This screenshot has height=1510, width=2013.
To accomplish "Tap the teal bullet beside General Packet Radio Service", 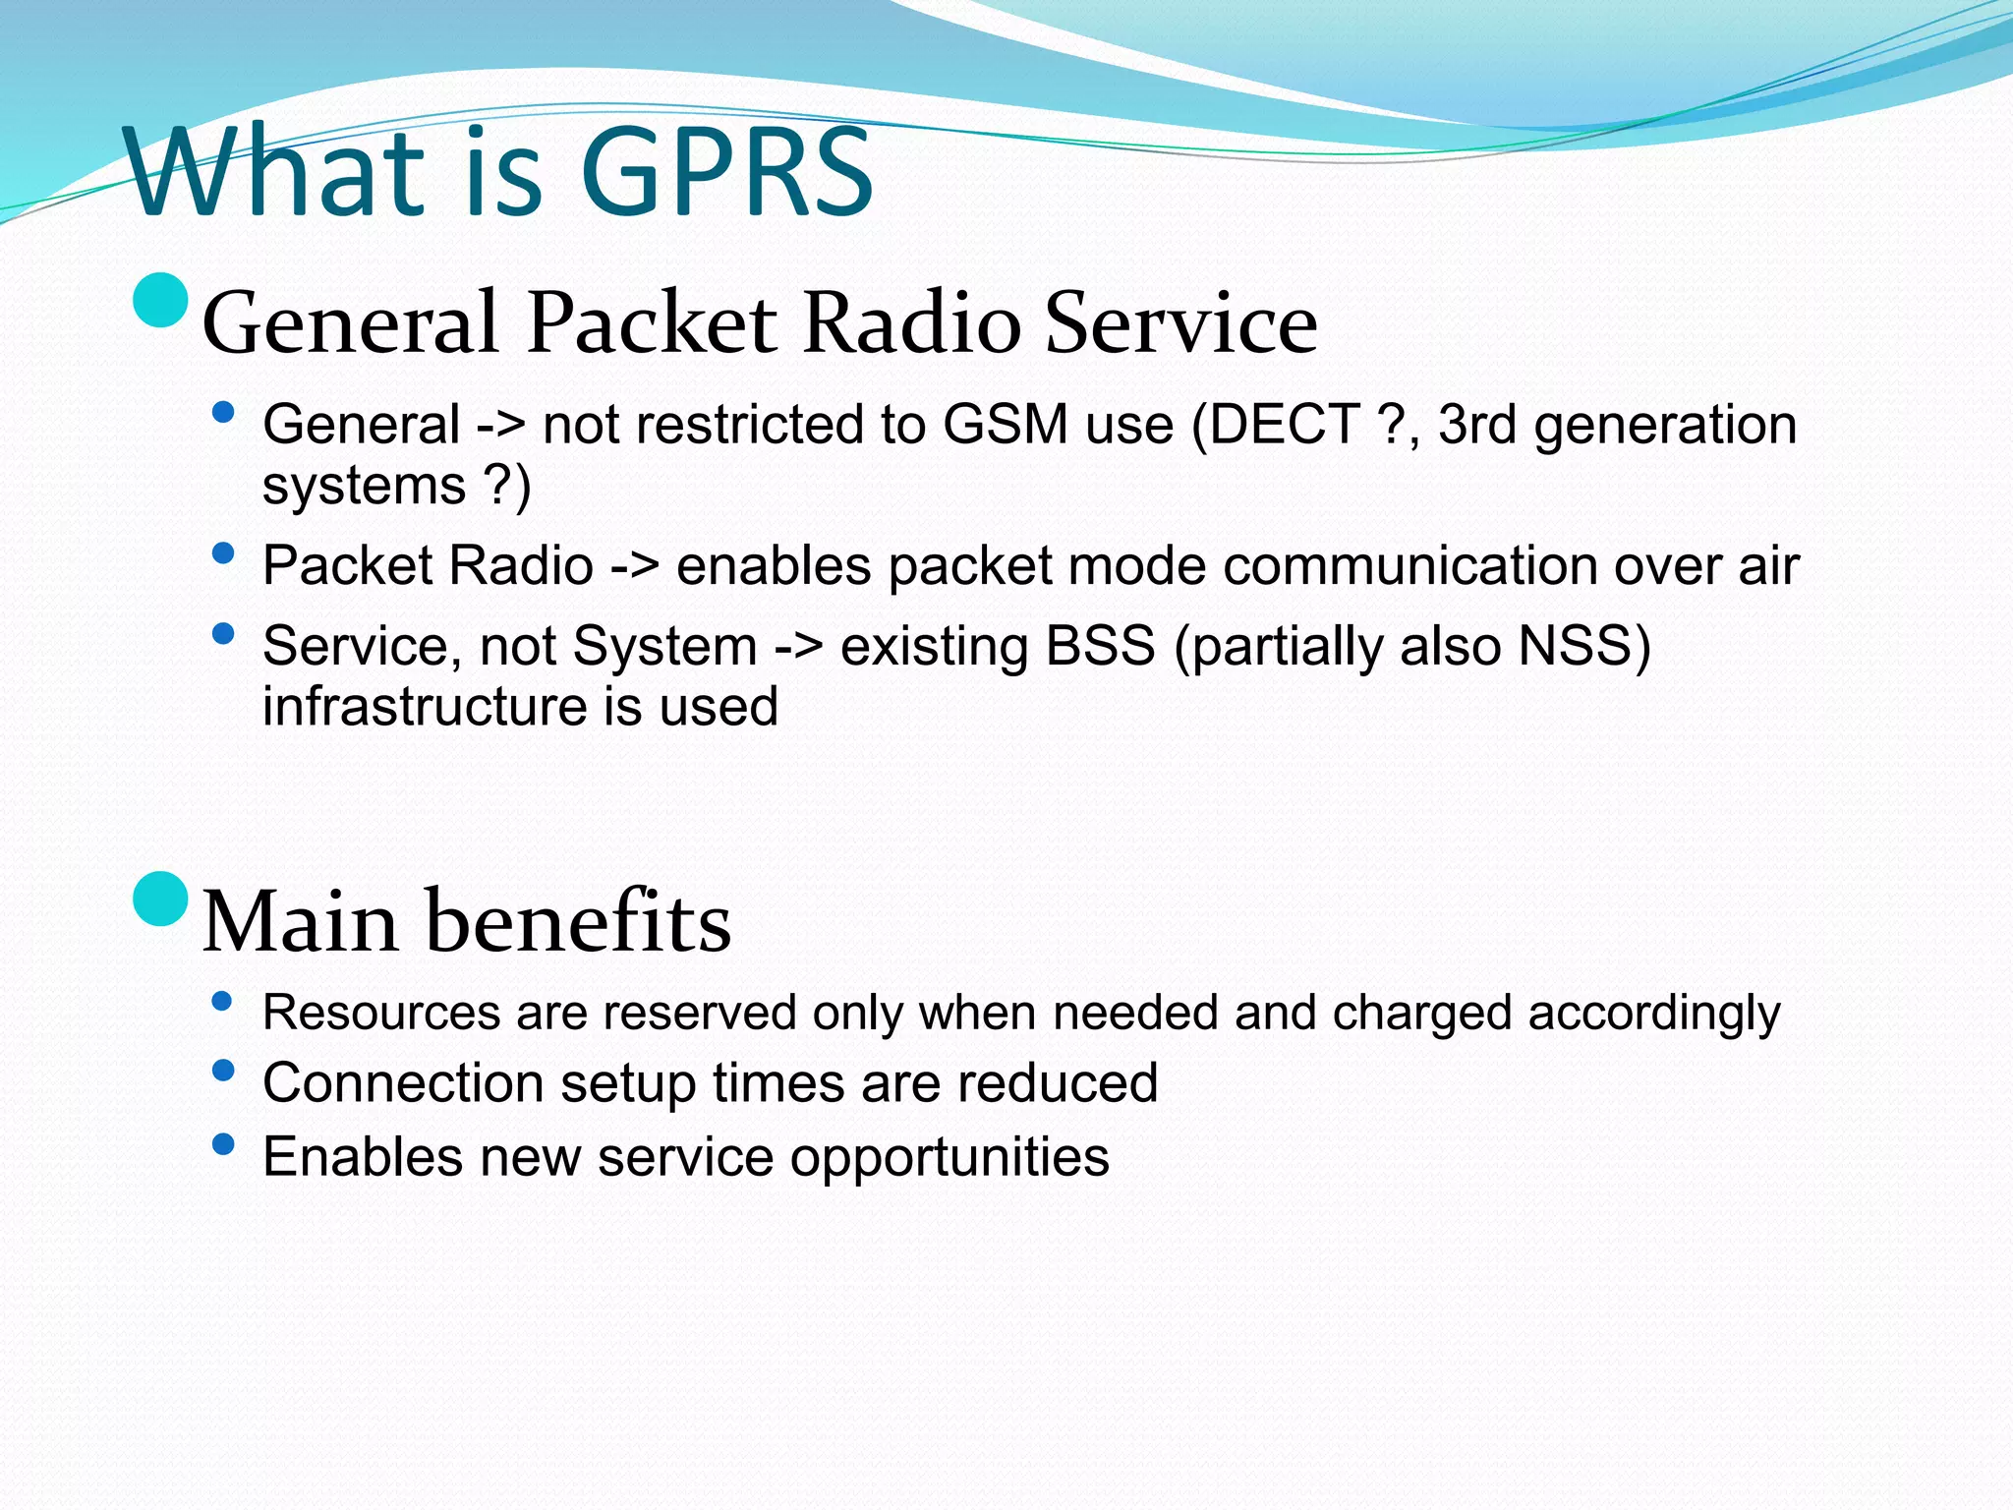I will (x=160, y=300).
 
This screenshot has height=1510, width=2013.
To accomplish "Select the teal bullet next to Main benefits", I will (x=160, y=899).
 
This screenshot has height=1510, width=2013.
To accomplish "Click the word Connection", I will (x=403, y=1083).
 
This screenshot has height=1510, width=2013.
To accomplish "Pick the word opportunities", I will (x=949, y=1158).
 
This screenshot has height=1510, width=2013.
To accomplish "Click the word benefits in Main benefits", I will (x=579, y=922).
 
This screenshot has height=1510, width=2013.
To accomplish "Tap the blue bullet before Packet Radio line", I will (x=223, y=553).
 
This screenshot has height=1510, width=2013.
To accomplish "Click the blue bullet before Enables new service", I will (x=223, y=1143).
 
